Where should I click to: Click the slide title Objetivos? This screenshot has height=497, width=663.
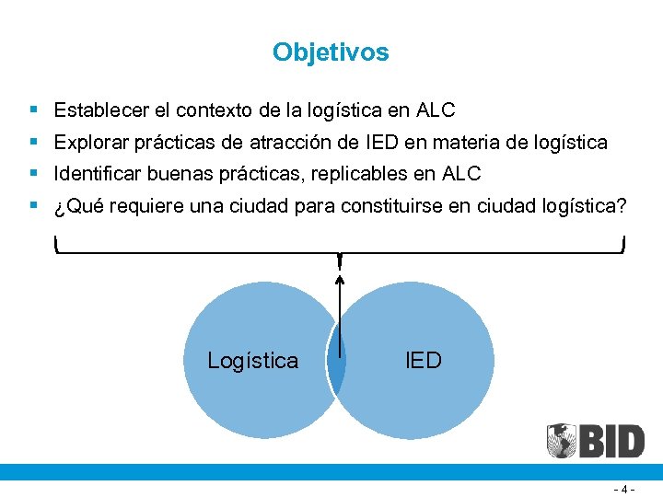(331, 52)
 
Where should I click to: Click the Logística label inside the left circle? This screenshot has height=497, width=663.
(253, 361)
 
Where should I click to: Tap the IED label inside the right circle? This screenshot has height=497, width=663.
(424, 360)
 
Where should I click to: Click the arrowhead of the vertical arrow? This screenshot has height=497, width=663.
(340, 279)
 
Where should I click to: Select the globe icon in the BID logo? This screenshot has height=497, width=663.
(562, 441)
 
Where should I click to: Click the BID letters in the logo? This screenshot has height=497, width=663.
(611, 442)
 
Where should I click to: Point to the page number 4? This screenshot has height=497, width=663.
(626, 489)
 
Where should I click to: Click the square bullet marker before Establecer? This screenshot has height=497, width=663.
(33, 110)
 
